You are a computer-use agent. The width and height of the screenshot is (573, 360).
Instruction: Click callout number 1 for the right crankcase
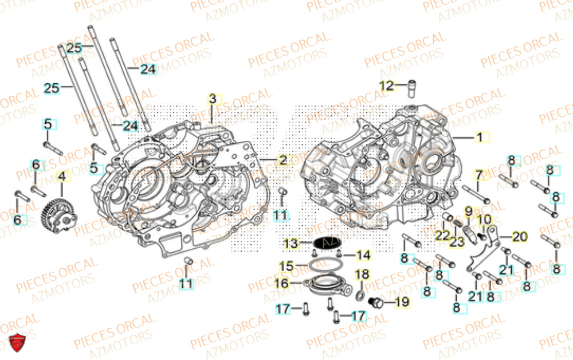point(481,137)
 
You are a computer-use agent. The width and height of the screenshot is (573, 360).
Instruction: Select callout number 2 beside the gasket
point(282,160)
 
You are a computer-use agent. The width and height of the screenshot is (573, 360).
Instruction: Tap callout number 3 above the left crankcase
point(212,99)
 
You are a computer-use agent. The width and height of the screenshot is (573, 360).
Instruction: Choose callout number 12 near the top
point(388,86)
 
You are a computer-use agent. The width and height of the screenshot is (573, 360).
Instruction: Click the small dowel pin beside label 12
point(410,89)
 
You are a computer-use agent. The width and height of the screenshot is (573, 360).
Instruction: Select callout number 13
point(292,243)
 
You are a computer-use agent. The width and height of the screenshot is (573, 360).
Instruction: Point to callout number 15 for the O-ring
point(286,266)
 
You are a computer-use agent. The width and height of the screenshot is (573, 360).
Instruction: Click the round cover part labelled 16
point(325,285)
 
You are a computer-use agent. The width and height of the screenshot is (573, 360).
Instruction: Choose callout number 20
point(519,236)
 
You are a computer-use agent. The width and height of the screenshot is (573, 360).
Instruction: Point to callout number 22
point(442,235)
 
